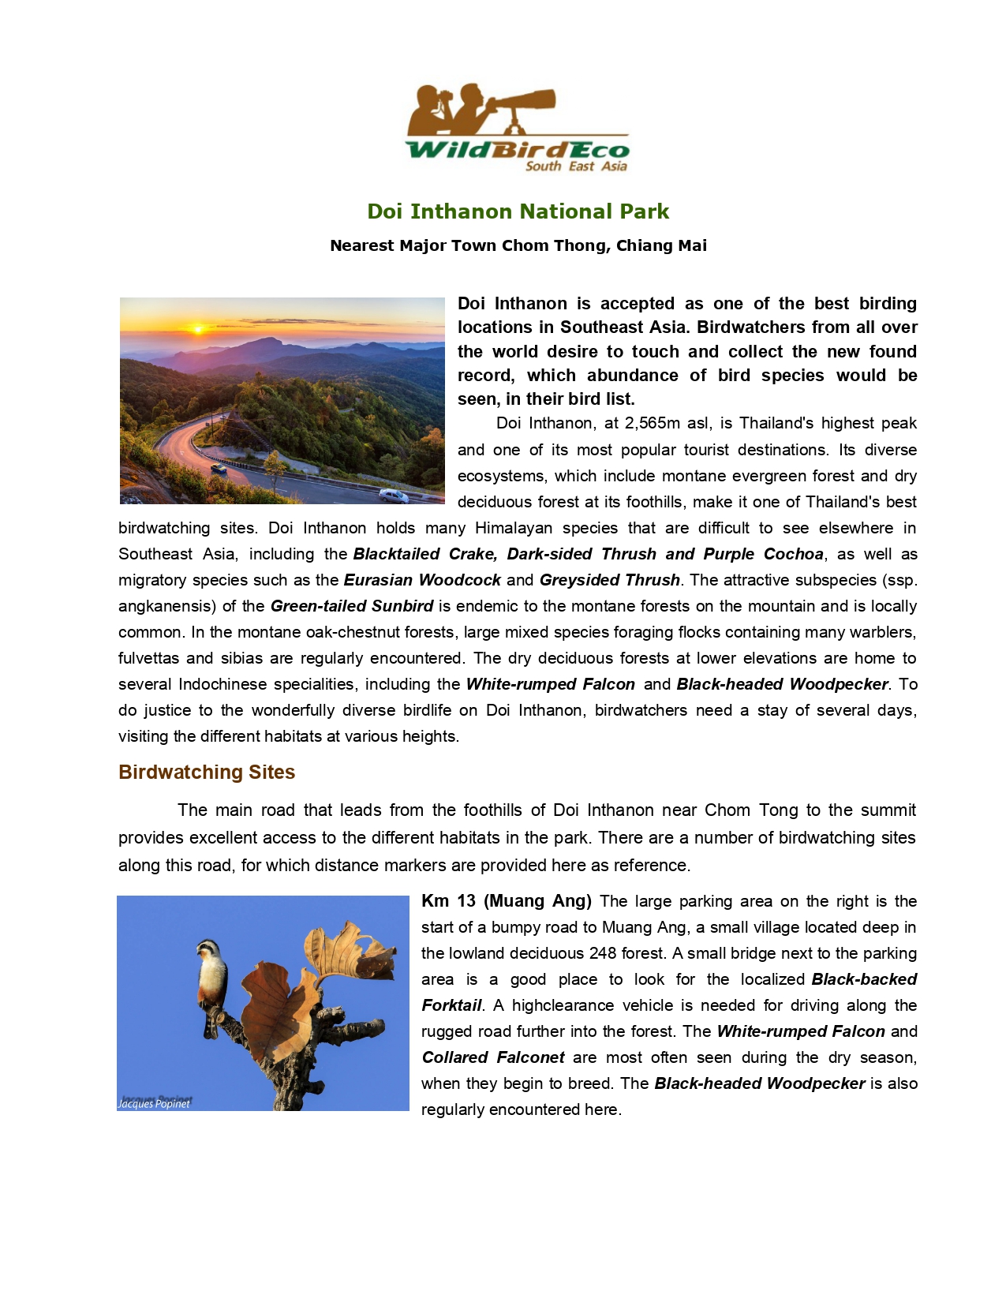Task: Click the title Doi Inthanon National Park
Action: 518,211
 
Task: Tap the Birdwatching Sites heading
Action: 207,772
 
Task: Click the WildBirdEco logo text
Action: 517,149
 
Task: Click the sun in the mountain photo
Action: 198,328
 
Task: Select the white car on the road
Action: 393,496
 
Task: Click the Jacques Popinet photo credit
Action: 155,1103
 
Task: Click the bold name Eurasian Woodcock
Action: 422,580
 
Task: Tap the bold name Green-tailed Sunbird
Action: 352,606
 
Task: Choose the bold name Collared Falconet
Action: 493,1057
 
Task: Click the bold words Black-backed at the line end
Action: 864,979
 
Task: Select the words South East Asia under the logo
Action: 576,166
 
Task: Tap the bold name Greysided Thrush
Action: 609,580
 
